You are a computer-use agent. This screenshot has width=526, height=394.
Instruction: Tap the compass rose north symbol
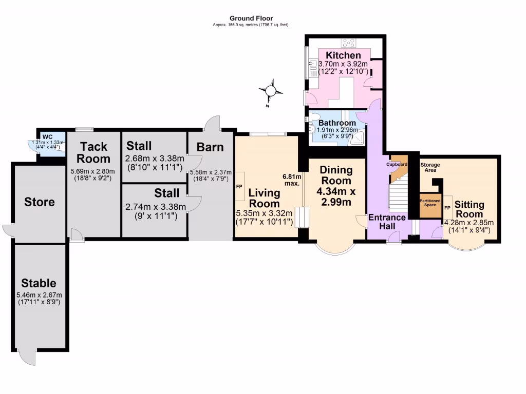click(x=271, y=92)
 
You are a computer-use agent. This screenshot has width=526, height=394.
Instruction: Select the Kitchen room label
click(x=343, y=55)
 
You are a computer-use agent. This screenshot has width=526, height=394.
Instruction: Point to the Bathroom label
click(x=337, y=123)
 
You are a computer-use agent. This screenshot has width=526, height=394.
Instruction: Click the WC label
click(x=47, y=136)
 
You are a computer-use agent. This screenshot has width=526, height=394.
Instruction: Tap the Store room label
click(x=40, y=202)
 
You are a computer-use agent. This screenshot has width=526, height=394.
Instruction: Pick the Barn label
click(x=211, y=147)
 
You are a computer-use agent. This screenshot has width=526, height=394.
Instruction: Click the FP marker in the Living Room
click(x=239, y=187)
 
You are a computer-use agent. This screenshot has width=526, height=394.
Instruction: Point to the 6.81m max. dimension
click(x=291, y=180)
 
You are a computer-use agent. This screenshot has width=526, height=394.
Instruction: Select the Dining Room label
click(x=335, y=175)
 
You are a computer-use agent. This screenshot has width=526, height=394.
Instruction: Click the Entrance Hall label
click(x=387, y=222)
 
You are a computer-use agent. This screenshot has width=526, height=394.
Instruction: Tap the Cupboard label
click(x=397, y=165)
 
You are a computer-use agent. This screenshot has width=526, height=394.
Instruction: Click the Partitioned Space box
click(x=430, y=203)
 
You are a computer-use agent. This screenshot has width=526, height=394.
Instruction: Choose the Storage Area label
click(x=430, y=167)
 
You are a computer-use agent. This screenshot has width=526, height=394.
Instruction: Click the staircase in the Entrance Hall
click(x=399, y=197)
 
